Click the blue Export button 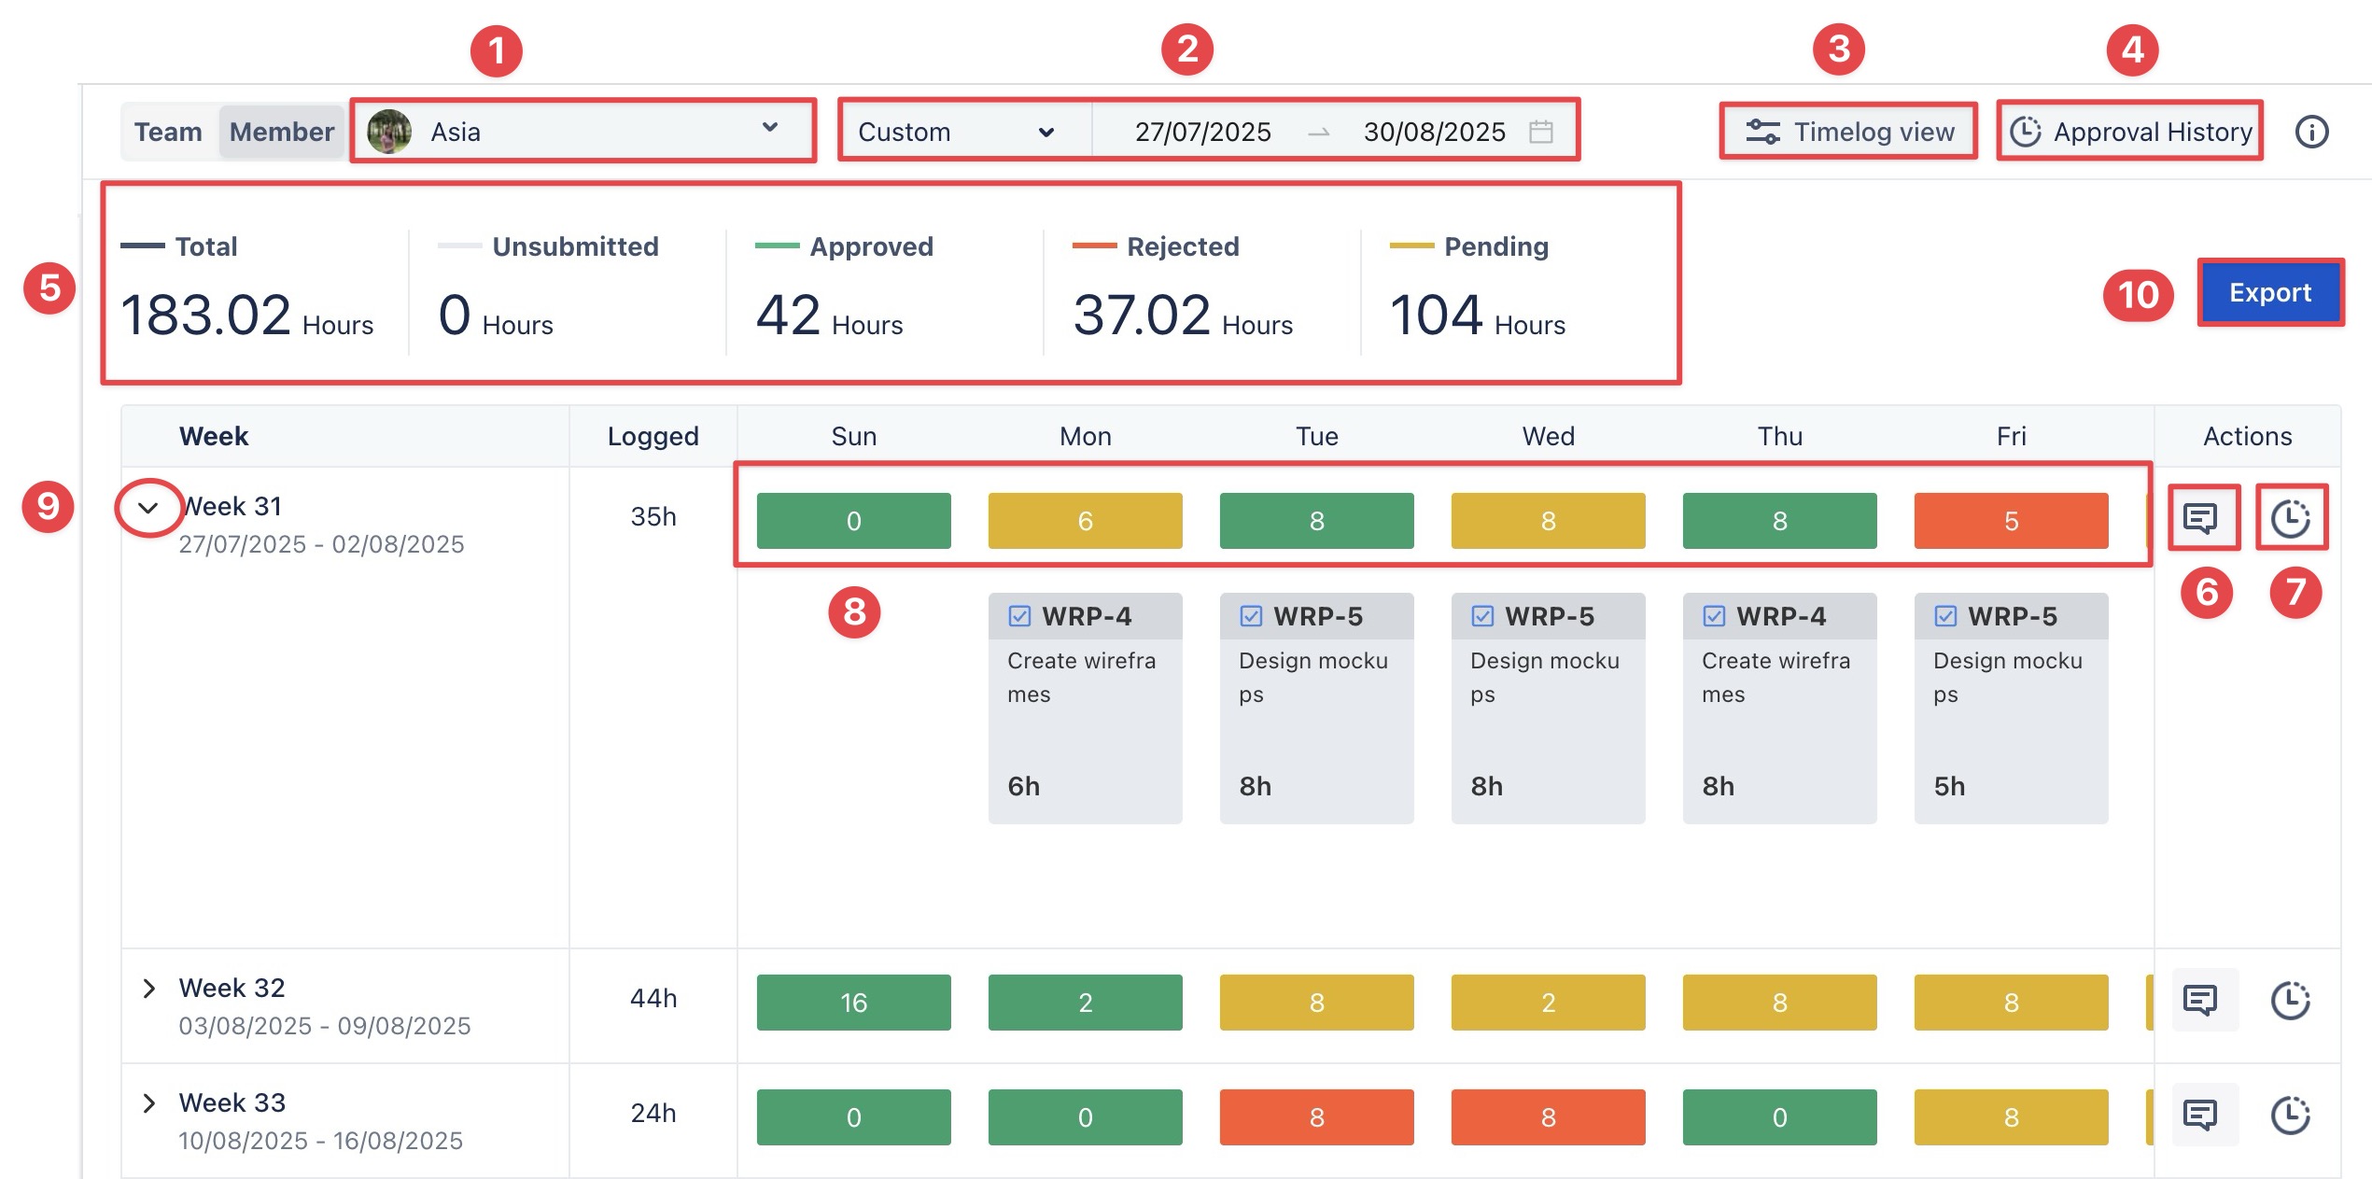[x=2269, y=292]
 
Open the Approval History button [x=2130, y=132]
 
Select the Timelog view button [x=1849, y=132]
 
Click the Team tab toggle [x=168, y=132]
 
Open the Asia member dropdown [x=582, y=131]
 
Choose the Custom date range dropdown [x=957, y=132]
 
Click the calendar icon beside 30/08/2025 [x=1541, y=132]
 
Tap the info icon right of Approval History [x=2311, y=132]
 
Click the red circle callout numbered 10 [x=2138, y=295]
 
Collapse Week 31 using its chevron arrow [x=148, y=508]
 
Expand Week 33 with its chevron [x=148, y=1103]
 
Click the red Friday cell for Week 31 [x=2011, y=521]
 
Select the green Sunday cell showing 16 [x=853, y=1003]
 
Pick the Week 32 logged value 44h [x=653, y=999]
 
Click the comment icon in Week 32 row [x=2200, y=1000]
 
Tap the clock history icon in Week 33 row [x=2289, y=1115]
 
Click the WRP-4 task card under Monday [x=1085, y=708]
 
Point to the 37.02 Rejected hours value [x=1142, y=315]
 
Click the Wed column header [x=1548, y=436]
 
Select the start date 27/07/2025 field [x=1202, y=132]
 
